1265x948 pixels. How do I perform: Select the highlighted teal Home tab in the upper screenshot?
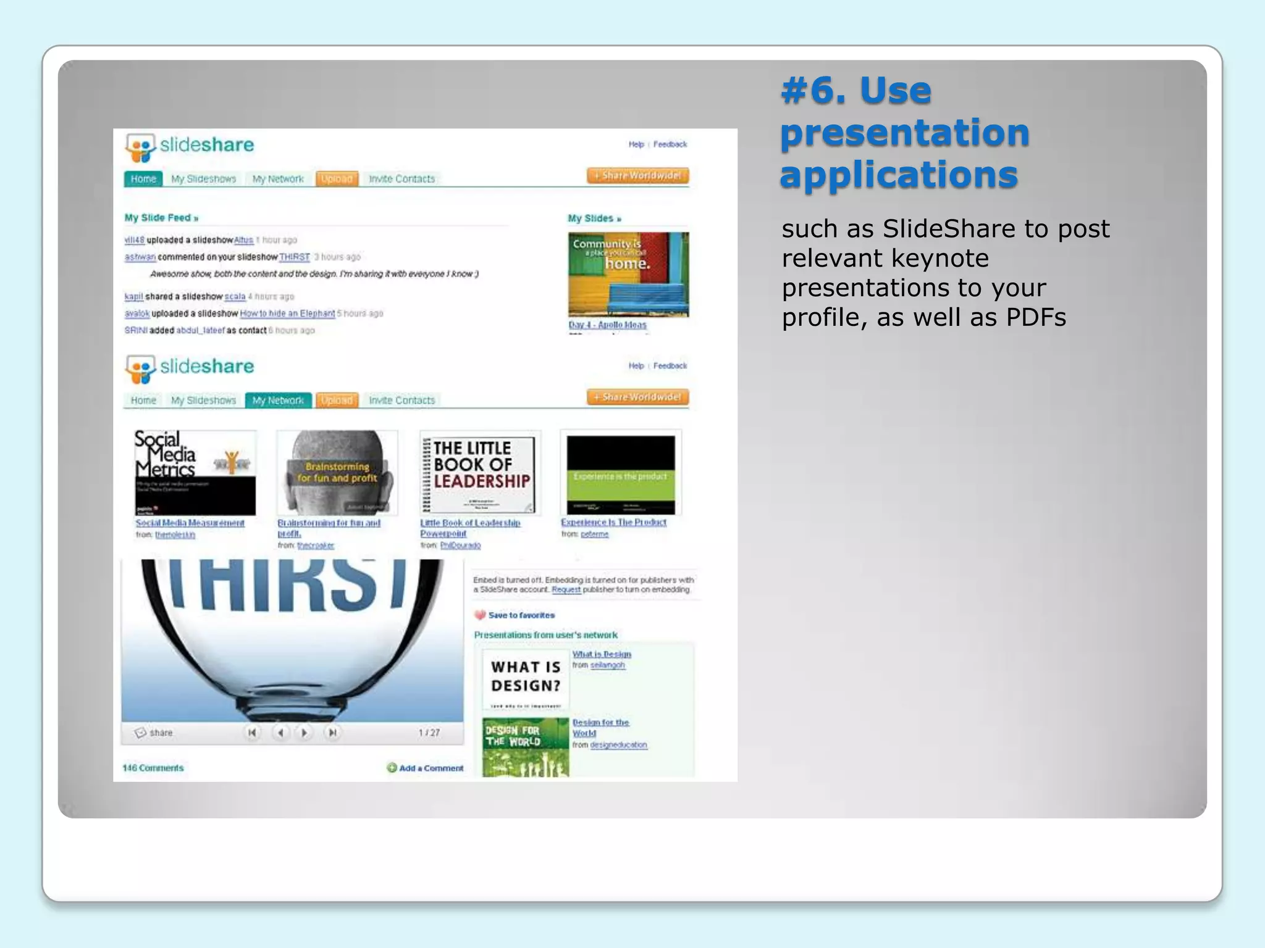point(143,179)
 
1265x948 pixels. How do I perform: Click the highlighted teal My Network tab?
point(278,401)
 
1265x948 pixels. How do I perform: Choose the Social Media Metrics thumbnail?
point(195,473)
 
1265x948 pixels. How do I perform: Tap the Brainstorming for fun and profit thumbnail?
point(337,473)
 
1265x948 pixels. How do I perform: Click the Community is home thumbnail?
point(628,275)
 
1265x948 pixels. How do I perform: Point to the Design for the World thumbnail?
point(525,747)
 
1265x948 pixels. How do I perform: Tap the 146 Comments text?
point(153,768)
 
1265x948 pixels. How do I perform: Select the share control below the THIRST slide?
point(154,733)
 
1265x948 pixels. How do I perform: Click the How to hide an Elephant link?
point(287,314)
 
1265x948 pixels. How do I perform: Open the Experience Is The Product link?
point(613,523)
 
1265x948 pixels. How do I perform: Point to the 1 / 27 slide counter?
point(429,733)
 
